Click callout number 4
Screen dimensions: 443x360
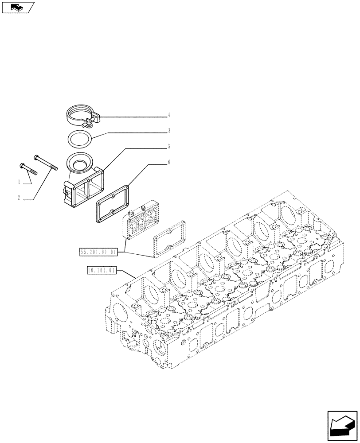coord(169,115)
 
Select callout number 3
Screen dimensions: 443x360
coord(169,131)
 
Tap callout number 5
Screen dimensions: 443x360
coord(169,146)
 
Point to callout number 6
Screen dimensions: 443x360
coord(169,163)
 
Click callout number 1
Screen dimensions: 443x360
coord(19,182)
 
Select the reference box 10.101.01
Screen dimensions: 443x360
coord(102,269)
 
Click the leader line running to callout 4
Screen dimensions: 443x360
coord(133,117)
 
